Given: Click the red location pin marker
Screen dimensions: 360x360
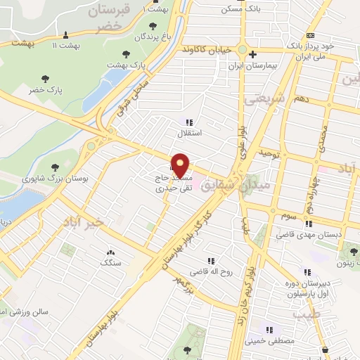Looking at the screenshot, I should click(x=181, y=165).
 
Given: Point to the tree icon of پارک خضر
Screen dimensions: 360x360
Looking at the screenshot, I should click(x=45, y=79).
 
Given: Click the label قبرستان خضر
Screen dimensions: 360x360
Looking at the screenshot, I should click(x=108, y=18).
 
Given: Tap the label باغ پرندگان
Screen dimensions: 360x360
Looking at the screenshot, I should click(x=150, y=36).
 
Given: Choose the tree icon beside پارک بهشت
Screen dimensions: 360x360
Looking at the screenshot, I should click(x=127, y=53).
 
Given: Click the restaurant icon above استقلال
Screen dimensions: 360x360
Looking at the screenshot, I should click(x=188, y=122).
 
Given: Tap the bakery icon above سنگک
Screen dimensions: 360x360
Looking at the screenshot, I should click(x=110, y=252).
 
